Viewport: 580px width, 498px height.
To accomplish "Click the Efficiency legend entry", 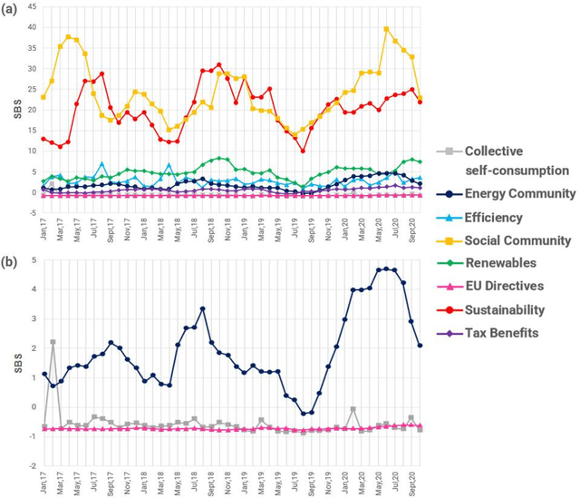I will click(x=497, y=217).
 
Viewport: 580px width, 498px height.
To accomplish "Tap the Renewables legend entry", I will click(x=502, y=264).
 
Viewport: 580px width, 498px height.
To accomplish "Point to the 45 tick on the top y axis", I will click(x=32, y=7).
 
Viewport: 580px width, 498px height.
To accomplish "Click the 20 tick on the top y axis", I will click(x=32, y=110).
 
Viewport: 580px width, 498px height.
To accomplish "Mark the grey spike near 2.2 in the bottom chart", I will click(x=53, y=342).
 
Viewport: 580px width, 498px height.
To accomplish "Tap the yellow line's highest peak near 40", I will click(x=387, y=29).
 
